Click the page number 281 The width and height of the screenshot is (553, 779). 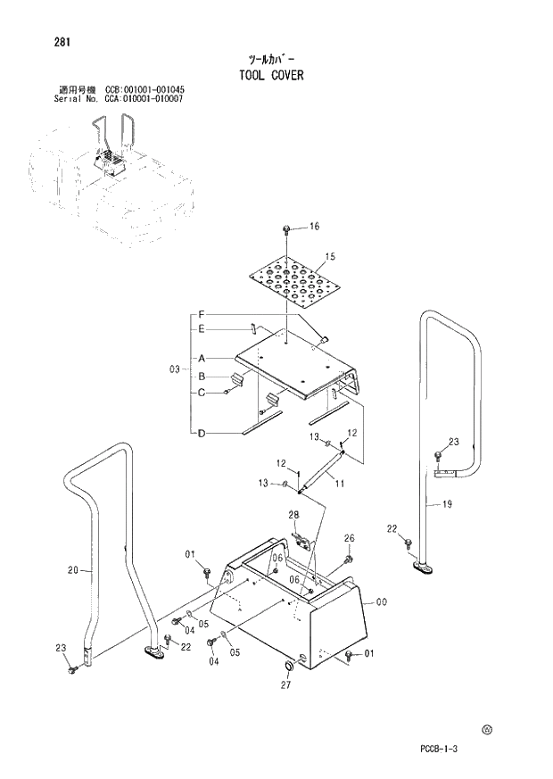point(62,42)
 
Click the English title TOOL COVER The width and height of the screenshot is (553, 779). point(271,76)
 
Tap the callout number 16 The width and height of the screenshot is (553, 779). point(313,227)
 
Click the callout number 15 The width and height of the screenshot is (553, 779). point(329,257)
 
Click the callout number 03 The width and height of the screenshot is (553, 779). point(175,369)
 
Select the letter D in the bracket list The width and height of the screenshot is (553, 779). point(202,434)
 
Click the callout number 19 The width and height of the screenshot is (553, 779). point(447,504)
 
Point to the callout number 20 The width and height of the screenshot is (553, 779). point(73,569)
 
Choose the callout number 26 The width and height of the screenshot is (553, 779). point(349,538)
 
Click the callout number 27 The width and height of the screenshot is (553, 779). point(287,686)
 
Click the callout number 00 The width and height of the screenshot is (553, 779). point(381,602)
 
